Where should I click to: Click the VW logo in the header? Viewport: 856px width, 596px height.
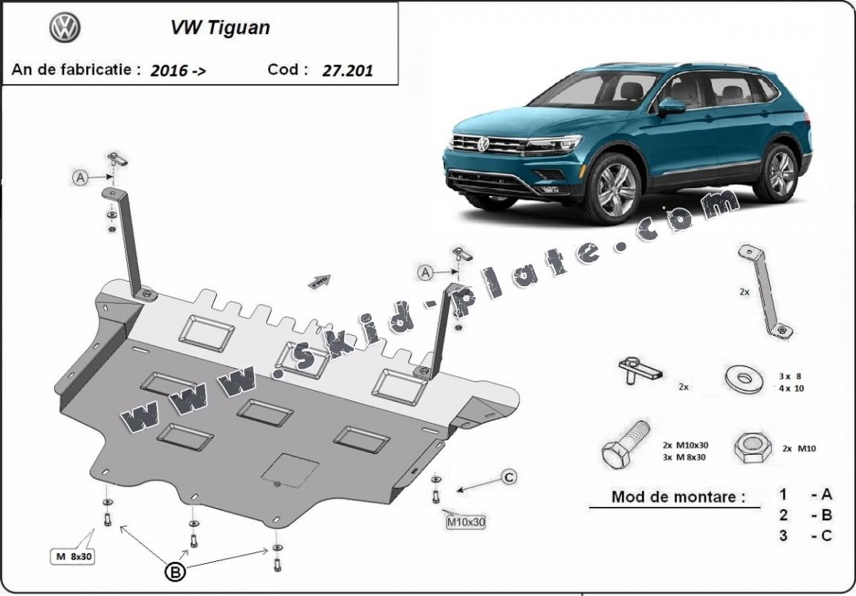[65, 28]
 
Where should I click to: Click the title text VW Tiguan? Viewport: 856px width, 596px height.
[221, 28]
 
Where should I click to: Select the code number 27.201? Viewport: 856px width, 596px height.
[348, 71]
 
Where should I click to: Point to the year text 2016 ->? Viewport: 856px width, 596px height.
[178, 71]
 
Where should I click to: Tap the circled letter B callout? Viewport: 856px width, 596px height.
[175, 571]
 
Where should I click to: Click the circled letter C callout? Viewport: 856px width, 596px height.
[508, 477]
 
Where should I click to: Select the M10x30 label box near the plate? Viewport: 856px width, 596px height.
[466, 522]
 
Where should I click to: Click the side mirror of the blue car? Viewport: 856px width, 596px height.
[671, 106]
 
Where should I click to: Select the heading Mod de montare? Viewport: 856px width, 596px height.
[677, 496]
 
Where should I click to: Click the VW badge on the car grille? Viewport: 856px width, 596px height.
[483, 143]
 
